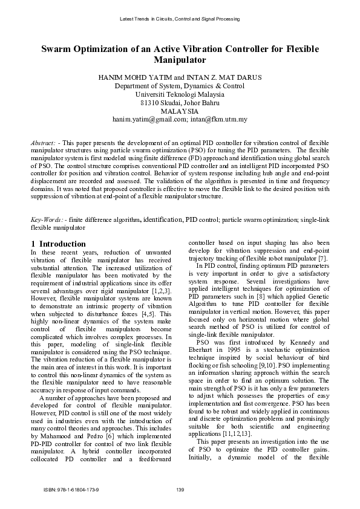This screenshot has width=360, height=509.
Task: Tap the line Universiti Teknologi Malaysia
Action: (x=180, y=95)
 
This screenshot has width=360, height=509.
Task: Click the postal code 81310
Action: (x=141, y=103)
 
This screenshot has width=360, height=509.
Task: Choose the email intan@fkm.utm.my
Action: (x=220, y=120)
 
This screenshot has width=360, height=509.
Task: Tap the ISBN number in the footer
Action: (x=71, y=489)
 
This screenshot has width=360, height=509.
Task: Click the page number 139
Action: (x=180, y=489)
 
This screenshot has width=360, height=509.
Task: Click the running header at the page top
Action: (x=180, y=19)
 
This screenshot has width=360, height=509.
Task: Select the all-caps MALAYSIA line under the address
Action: (x=179, y=111)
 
